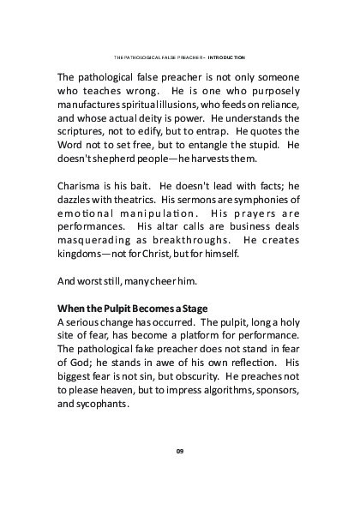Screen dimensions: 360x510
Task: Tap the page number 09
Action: click(x=180, y=451)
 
